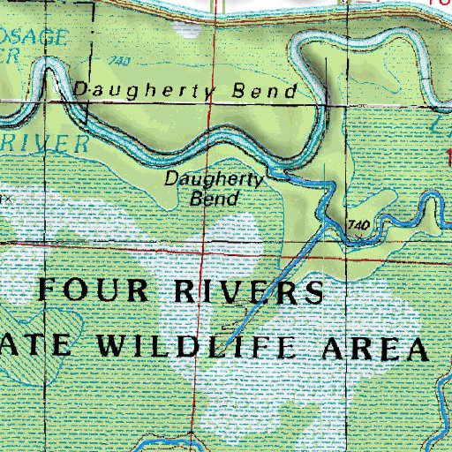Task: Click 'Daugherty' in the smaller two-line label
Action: pos(215,180)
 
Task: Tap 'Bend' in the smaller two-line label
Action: pos(215,198)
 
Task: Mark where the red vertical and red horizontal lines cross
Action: pos(202,250)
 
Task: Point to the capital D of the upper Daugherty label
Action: pos(79,90)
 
